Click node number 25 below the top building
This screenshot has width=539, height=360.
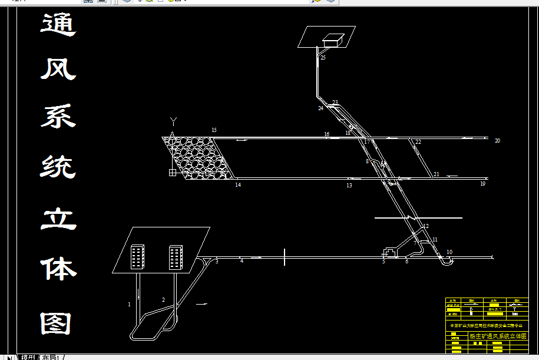[323, 58]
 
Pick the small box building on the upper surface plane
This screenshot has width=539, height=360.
[333, 39]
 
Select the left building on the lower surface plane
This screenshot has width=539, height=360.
[137, 257]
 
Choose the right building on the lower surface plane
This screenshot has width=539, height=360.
[176, 257]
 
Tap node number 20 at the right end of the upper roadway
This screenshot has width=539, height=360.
[498, 141]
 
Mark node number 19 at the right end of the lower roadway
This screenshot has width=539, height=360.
[482, 184]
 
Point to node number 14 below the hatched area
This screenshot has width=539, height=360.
[238, 185]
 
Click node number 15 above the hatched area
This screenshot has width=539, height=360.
[214, 130]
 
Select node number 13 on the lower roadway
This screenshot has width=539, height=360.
[349, 186]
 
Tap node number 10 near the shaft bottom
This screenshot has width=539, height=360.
[449, 252]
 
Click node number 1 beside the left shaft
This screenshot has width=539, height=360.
[129, 305]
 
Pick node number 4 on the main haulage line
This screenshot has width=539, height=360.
[242, 261]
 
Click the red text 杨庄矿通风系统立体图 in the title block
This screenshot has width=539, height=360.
[497, 336]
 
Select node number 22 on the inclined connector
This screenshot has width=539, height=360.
[418, 142]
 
